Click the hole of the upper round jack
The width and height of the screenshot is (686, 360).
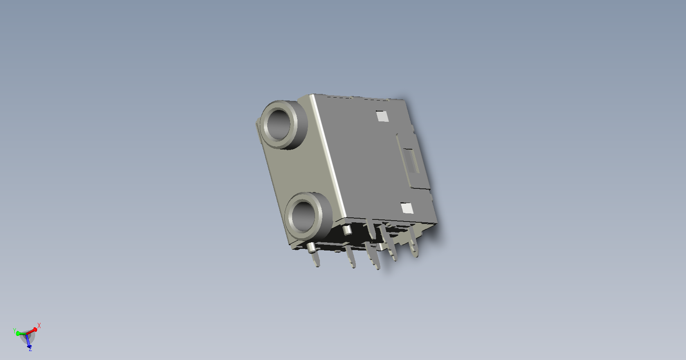tap(278, 124)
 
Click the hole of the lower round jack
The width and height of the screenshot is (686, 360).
tap(303, 216)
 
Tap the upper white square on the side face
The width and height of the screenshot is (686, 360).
tap(382, 116)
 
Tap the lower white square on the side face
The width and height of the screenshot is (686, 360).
tap(407, 208)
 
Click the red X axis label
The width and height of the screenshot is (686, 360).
tap(39, 325)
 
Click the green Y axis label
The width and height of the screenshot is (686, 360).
tap(14, 331)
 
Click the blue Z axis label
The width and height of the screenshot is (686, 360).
tap(30, 349)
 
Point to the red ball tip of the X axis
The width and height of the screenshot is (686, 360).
tap(35, 330)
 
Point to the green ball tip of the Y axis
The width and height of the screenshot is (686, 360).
tap(18, 333)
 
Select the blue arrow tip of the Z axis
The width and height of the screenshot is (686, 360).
tap(29, 347)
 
